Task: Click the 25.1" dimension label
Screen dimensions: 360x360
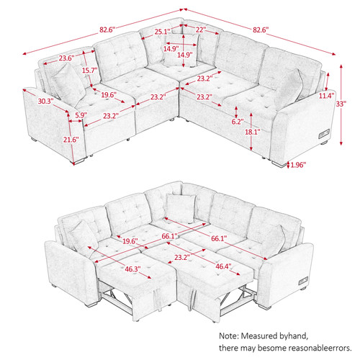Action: [162, 32]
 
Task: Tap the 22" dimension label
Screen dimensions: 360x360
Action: [201, 30]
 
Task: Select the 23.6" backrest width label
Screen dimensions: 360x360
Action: [67, 58]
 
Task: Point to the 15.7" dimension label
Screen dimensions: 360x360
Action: [90, 71]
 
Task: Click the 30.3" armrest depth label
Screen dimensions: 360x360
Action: [45, 101]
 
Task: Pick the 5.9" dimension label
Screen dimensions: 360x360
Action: [81, 115]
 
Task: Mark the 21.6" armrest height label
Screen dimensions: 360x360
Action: [71, 140]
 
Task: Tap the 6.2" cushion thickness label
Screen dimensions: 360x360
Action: [238, 122]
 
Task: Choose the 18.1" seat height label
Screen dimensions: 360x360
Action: [253, 132]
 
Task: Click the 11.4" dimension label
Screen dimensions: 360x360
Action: [326, 96]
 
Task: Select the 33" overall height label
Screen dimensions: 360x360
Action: [341, 104]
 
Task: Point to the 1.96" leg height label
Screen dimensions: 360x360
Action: [298, 165]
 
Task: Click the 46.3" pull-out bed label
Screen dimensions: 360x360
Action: [132, 269]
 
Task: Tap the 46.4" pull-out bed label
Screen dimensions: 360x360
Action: [223, 266]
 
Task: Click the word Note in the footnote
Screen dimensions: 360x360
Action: [228, 336]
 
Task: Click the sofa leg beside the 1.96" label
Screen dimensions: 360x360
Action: [279, 163]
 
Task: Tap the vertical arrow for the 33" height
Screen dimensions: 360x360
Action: [341, 104]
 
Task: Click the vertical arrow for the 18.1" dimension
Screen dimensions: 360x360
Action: [251, 132]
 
